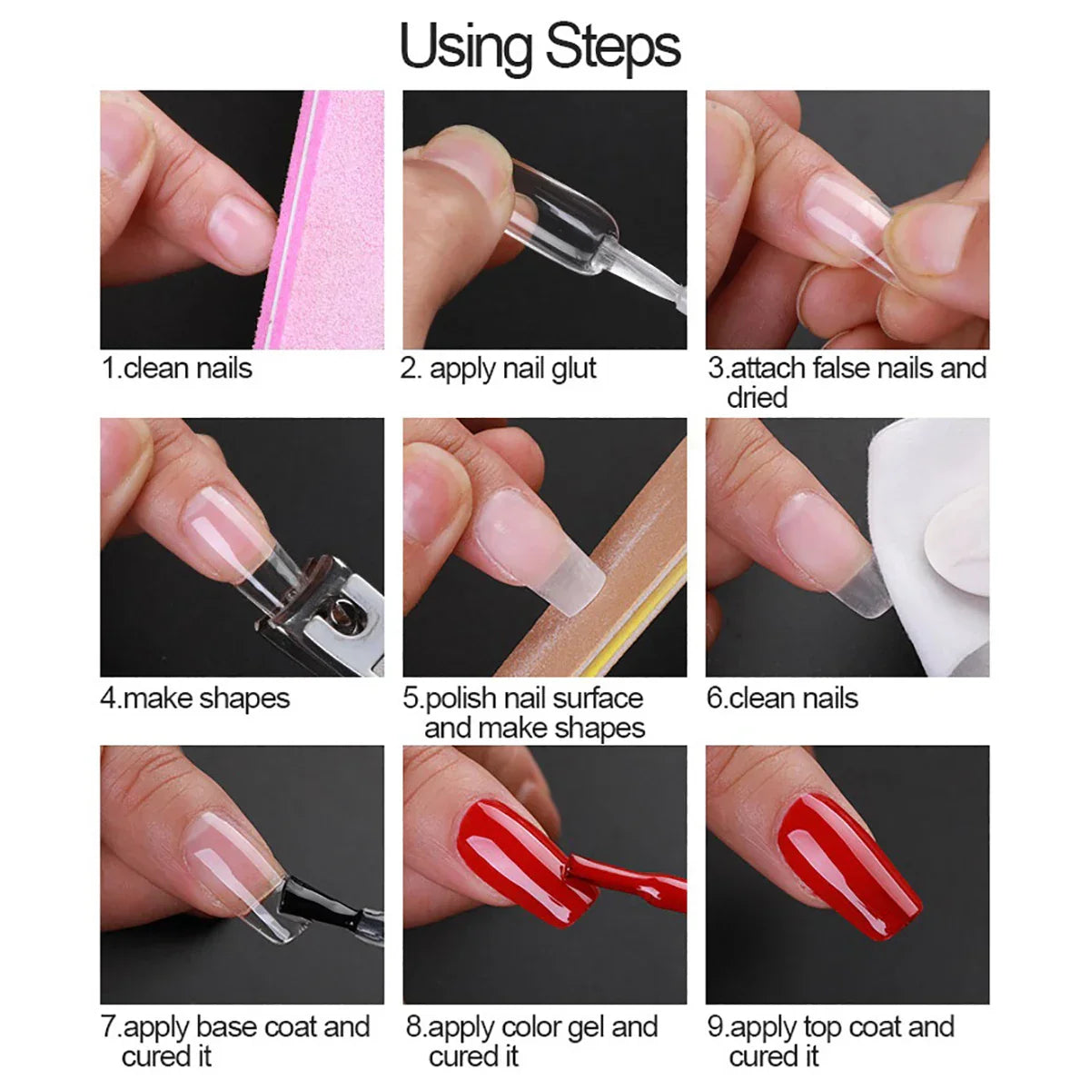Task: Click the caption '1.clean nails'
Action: (176, 368)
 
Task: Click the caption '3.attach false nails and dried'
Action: (847, 382)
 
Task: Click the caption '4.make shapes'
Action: (194, 699)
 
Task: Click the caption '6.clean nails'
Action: (782, 699)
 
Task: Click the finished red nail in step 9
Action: (848, 871)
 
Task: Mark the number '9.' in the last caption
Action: (718, 1027)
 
